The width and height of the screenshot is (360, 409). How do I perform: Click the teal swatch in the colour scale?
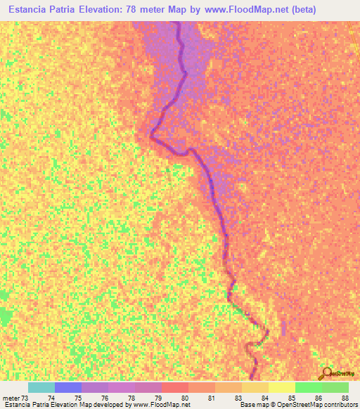point(41,387)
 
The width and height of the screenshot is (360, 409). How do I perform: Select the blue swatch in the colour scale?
point(68,387)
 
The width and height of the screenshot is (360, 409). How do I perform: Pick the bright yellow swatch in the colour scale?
point(282,387)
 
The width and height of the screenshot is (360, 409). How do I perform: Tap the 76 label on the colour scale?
point(105,398)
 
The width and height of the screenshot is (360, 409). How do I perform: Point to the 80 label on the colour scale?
point(185,398)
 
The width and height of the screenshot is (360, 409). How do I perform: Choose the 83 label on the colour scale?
point(238,398)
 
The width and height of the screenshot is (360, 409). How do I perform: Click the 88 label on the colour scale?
point(345,398)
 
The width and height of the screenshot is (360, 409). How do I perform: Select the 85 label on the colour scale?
point(292,398)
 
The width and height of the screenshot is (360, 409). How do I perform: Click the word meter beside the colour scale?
point(11,398)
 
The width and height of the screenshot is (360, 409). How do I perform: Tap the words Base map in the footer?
point(252,405)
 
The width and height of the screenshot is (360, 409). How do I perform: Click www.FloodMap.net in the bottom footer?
point(161,405)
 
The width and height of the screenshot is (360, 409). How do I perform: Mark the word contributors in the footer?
point(340,405)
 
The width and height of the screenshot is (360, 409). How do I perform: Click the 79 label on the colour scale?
point(158,398)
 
